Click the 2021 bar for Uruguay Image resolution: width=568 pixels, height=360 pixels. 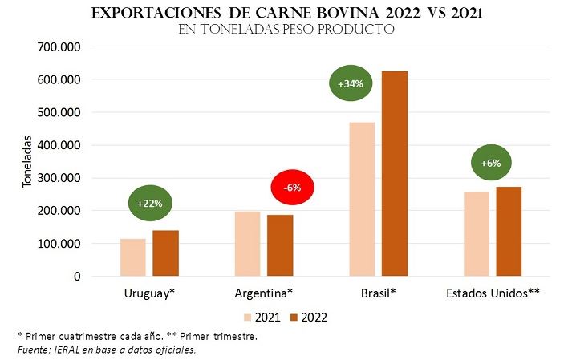tap(133, 257)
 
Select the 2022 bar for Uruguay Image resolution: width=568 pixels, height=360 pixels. tap(166, 253)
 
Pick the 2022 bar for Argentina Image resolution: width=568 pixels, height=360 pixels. tap(280, 245)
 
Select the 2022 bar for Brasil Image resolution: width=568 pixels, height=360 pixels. tap(395, 173)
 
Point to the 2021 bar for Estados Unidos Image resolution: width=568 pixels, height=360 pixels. tap(477, 234)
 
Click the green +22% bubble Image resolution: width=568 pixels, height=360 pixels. tap(150, 204)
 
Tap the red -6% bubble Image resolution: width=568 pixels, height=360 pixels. tap(292, 188)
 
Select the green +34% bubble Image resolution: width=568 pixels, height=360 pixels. tap(351, 83)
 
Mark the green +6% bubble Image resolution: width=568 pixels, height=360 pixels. tap(491, 164)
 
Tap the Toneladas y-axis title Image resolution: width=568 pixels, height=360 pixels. tap(26, 160)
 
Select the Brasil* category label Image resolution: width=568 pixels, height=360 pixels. tap(379, 293)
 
